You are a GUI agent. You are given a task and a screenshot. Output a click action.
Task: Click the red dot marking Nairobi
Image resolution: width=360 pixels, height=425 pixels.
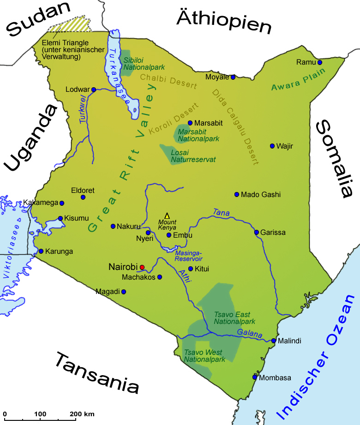point(142,267)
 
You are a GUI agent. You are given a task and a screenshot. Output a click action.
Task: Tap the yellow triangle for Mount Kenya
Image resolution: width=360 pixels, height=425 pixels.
point(167,215)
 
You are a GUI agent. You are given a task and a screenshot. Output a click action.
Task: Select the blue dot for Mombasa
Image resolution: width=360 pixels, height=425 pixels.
point(254,377)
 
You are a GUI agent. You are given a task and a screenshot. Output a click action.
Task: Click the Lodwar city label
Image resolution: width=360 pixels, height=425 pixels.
point(77,90)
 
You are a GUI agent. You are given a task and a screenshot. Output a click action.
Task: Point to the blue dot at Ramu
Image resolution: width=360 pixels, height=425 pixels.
point(319,62)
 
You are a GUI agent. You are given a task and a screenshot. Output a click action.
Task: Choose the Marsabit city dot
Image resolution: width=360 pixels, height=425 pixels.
point(190,123)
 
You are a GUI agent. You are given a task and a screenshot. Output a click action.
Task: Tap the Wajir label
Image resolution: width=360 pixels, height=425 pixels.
point(285,146)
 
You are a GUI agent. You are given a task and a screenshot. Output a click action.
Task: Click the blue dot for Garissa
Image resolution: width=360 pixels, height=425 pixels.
point(257,232)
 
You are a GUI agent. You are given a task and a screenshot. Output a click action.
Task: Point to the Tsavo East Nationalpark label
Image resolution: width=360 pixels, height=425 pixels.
point(234,318)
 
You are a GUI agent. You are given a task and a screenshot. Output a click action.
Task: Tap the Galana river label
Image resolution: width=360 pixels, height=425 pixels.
point(249,334)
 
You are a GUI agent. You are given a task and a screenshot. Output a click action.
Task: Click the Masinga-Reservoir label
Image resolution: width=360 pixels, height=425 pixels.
point(189,256)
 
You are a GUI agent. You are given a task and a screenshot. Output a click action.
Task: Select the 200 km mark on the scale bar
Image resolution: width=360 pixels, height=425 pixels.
point(76,419)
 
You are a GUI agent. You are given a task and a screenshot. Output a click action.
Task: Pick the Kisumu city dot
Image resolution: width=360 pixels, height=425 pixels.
point(60,219)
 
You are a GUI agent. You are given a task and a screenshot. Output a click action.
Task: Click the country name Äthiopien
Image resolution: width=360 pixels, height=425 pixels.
point(224,22)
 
